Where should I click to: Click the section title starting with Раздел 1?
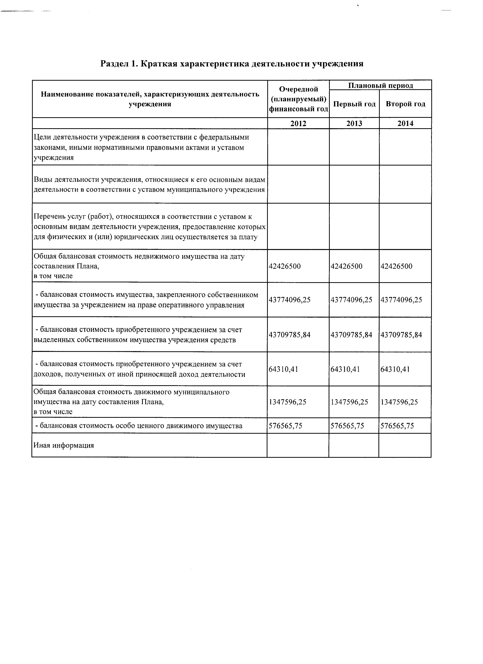[232, 64]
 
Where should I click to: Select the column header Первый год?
[354, 104]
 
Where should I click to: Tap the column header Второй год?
[405, 104]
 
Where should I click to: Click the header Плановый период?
[380, 85]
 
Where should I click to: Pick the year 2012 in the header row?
[298, 123]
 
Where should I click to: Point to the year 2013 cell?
[354, 123]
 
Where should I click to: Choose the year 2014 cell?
[405, 123]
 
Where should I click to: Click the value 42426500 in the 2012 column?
[284, 266]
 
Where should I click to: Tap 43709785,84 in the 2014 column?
[401, 335]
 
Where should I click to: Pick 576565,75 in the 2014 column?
[397, 426]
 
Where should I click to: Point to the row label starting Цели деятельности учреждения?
[141, 147]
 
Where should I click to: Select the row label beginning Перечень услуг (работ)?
[149, 227]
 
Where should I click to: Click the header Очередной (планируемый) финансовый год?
[298, 99]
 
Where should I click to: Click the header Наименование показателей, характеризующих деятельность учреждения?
[150, 99]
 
